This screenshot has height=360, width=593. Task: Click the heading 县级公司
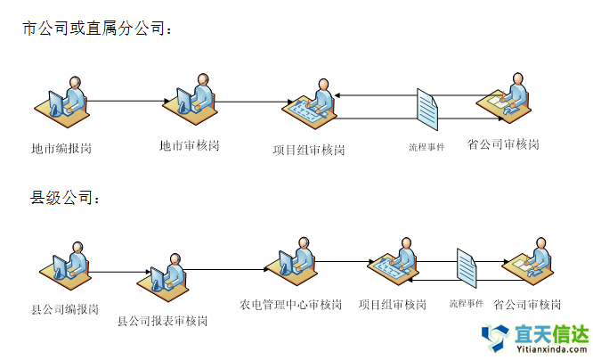67,197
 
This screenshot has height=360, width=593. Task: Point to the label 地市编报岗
61,148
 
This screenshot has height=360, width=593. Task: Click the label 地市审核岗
189,144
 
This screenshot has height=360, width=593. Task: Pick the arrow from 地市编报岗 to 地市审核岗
127,101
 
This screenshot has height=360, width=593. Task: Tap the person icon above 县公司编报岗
66,265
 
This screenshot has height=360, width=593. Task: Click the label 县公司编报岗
65,310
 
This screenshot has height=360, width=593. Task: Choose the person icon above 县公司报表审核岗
165,278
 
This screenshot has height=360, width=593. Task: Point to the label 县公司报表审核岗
163,321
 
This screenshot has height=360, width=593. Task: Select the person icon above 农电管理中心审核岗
294,259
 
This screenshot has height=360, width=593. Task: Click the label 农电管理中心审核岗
290,305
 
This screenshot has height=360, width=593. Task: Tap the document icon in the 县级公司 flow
468,268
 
